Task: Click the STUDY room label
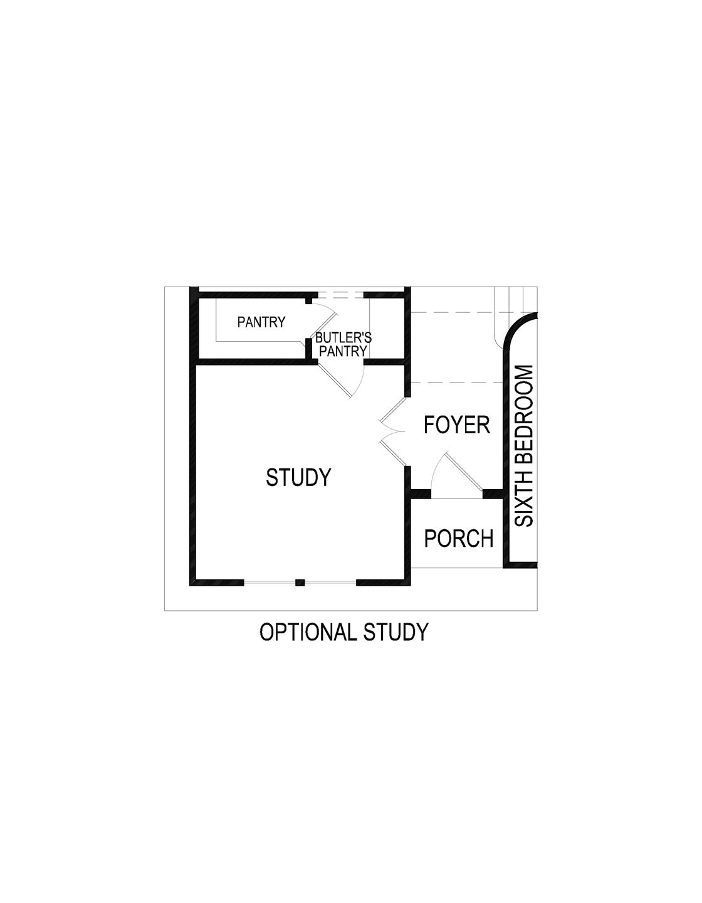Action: click(x=298, y=478)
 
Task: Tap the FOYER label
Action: click(x=456, y=425)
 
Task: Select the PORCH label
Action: click(x=459, y=539)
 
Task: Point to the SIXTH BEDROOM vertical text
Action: click(x=523, y=446)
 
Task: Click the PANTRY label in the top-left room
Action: click(x=261, y=322)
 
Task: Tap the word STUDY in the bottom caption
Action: click(x=396, y=632)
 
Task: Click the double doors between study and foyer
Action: click(x=392, y=433)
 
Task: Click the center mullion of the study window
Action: click(x=300, y=583)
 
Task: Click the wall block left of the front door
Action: click(x=420, y=494)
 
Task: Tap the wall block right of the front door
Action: click(x=493, y=494)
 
